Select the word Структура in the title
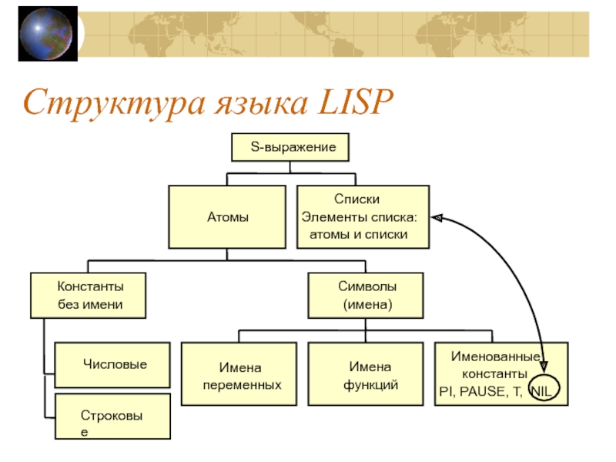click(103, 102)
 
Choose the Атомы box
click(228, 216)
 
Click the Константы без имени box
click(90, 295)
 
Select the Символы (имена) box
click(367, 295)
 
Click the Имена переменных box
click(241, 375)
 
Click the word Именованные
click(494, 357)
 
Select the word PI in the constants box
click(446, 391)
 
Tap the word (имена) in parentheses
click(367, 304)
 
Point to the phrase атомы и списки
click(358, 233)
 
